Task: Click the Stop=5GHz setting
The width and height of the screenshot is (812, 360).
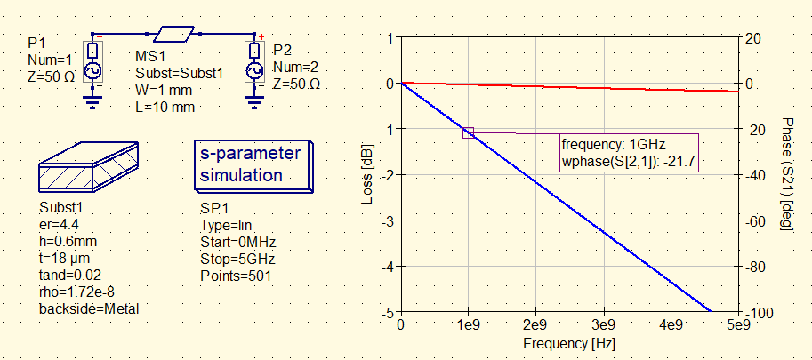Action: tap(237, 260)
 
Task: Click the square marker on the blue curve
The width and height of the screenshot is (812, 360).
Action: tap(469, 132)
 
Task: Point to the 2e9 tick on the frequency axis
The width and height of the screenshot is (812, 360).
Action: tap(536, 326)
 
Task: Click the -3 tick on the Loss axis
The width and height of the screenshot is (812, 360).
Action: tap(389, 220)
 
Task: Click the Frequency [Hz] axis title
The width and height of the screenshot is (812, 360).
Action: tap(569, 343)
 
